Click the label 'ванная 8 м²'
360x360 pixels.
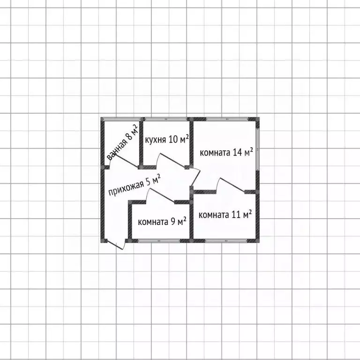123,142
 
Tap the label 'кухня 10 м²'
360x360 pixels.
167,139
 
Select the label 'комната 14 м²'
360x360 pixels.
226,152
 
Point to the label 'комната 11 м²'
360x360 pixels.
225,215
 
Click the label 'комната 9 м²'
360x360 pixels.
162,222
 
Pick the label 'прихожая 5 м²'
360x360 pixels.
135,185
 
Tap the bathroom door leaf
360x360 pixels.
126,160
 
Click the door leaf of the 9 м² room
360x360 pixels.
162,195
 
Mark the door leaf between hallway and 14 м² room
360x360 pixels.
195,178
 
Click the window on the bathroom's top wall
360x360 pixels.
122,119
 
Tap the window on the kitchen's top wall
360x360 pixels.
166,119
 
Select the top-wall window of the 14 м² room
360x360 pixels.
227,119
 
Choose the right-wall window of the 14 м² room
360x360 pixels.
258,149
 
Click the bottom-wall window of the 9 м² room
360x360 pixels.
159,240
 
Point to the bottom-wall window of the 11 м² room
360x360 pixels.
226,240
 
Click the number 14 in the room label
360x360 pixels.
237,152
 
